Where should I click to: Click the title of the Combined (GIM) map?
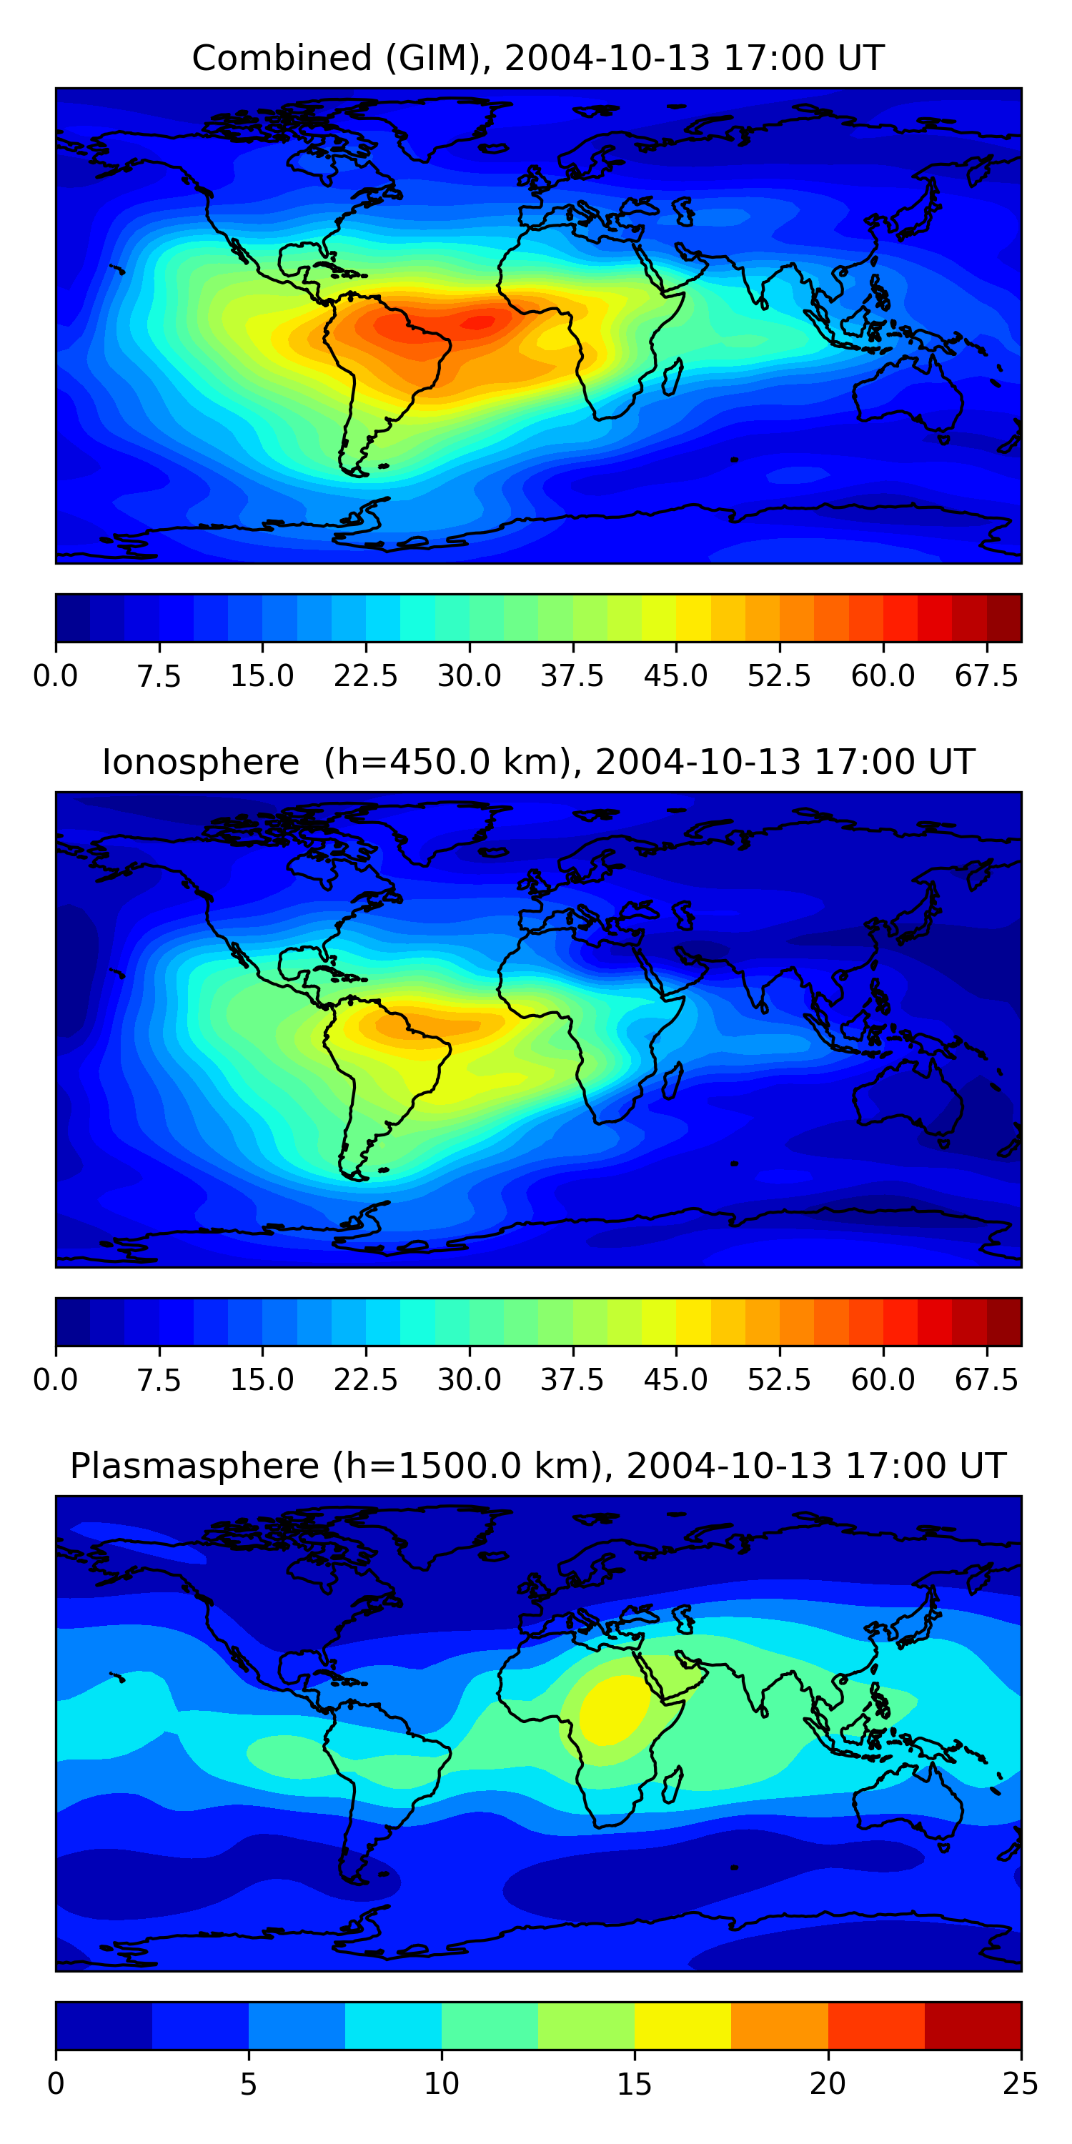coord(537,59)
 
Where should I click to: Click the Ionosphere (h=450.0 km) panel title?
coord(537,763)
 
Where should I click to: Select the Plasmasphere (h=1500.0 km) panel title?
coord(537,1466)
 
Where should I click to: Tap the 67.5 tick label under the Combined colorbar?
coord(986,676)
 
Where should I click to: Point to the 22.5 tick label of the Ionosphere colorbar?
coord(365,1380)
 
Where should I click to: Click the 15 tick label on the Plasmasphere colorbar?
coord(634,2084)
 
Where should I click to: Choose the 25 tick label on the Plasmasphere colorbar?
coord(1021,2084)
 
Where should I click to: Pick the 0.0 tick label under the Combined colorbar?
coord(56,676)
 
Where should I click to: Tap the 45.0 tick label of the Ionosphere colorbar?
coord(676,1380)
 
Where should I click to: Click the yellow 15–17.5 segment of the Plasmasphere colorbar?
coord(683,2025)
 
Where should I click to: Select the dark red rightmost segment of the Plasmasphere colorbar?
coord(972,2025)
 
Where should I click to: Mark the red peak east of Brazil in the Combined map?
coord(479,322)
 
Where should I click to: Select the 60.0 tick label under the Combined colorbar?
coord(883,676)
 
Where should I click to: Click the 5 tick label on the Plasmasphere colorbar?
coord(248,2084)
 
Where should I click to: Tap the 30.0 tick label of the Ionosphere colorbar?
coord(470,1380)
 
